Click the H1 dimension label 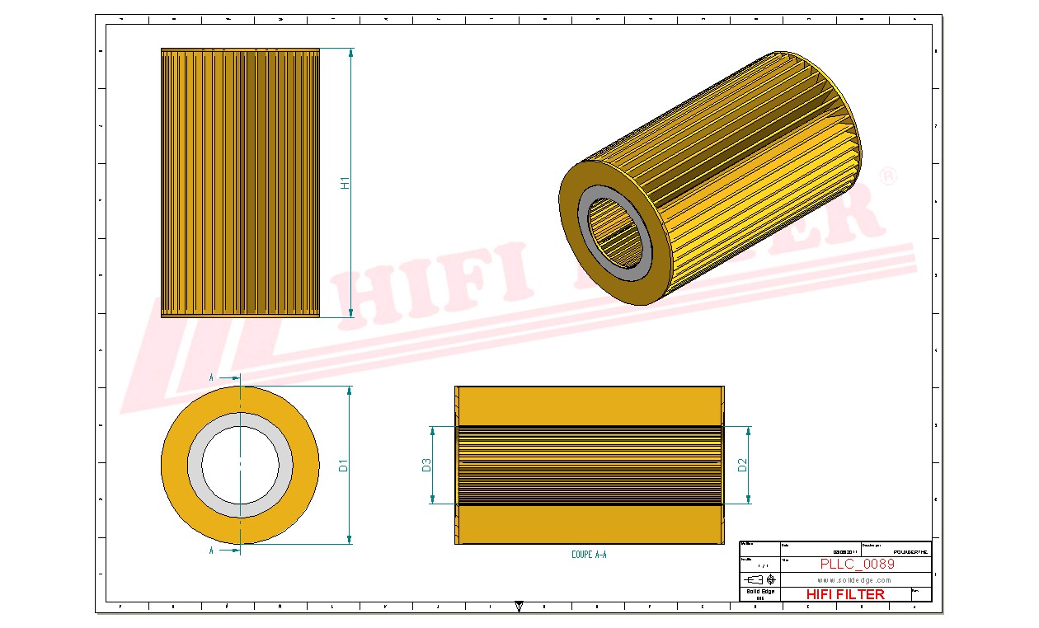click(x=346, y=183)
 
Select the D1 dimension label click(x=344, y=466)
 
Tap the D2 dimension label click(x=742, y=466)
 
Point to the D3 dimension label click(x=426, y=466)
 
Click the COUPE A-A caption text click(x=589, y=555)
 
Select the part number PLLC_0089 click(x=857, y=565)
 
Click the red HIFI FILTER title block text click(x=844, y=594)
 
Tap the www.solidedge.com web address click(x=854, y=580)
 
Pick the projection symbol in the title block click(x=759, y=579)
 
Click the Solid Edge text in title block click(x=759, y=592)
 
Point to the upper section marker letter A click(x=212, y=377)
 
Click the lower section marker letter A click(x=212, y=550)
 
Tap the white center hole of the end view click(x=240, y=466)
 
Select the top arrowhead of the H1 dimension click(x=351, y=53)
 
